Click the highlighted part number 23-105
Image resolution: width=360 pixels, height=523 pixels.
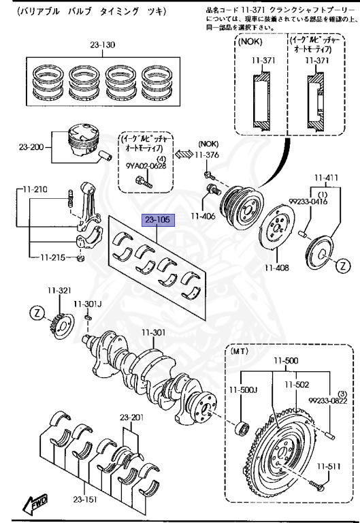coord(158,220)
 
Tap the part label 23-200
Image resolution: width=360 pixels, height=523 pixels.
coord(31,146)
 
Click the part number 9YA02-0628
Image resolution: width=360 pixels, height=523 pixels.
coord(146,165)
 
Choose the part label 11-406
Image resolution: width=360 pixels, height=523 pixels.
coord(202,216)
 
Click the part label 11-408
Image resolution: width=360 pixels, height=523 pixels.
coord(278,268)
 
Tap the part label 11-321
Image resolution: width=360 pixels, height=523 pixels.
coord(59,290)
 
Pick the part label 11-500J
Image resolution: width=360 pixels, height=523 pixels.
coord(242,390)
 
